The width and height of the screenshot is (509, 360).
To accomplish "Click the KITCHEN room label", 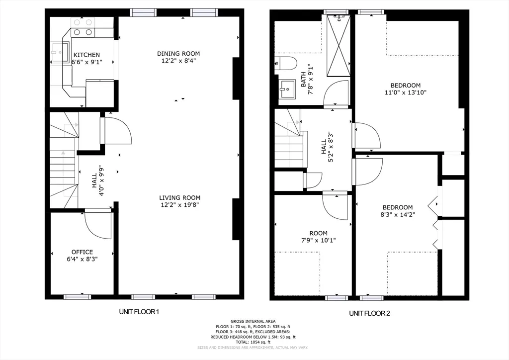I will pos(86,55).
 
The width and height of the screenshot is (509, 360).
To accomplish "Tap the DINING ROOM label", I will pos(178,54).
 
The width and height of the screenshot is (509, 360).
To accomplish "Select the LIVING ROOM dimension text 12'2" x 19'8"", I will pos(179,204).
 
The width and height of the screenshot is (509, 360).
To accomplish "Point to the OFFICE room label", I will pos(82,252).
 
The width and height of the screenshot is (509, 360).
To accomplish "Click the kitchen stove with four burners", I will pos(83,27).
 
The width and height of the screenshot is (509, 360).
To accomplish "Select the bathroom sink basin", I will pos(287,90).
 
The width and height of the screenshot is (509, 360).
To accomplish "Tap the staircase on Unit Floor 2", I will pos(289,144).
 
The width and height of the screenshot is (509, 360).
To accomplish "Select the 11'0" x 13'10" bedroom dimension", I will pos(405,92).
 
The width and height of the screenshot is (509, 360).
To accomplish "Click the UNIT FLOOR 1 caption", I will pos(139,312).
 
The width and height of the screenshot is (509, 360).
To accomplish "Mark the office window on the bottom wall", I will pos(78,297).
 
